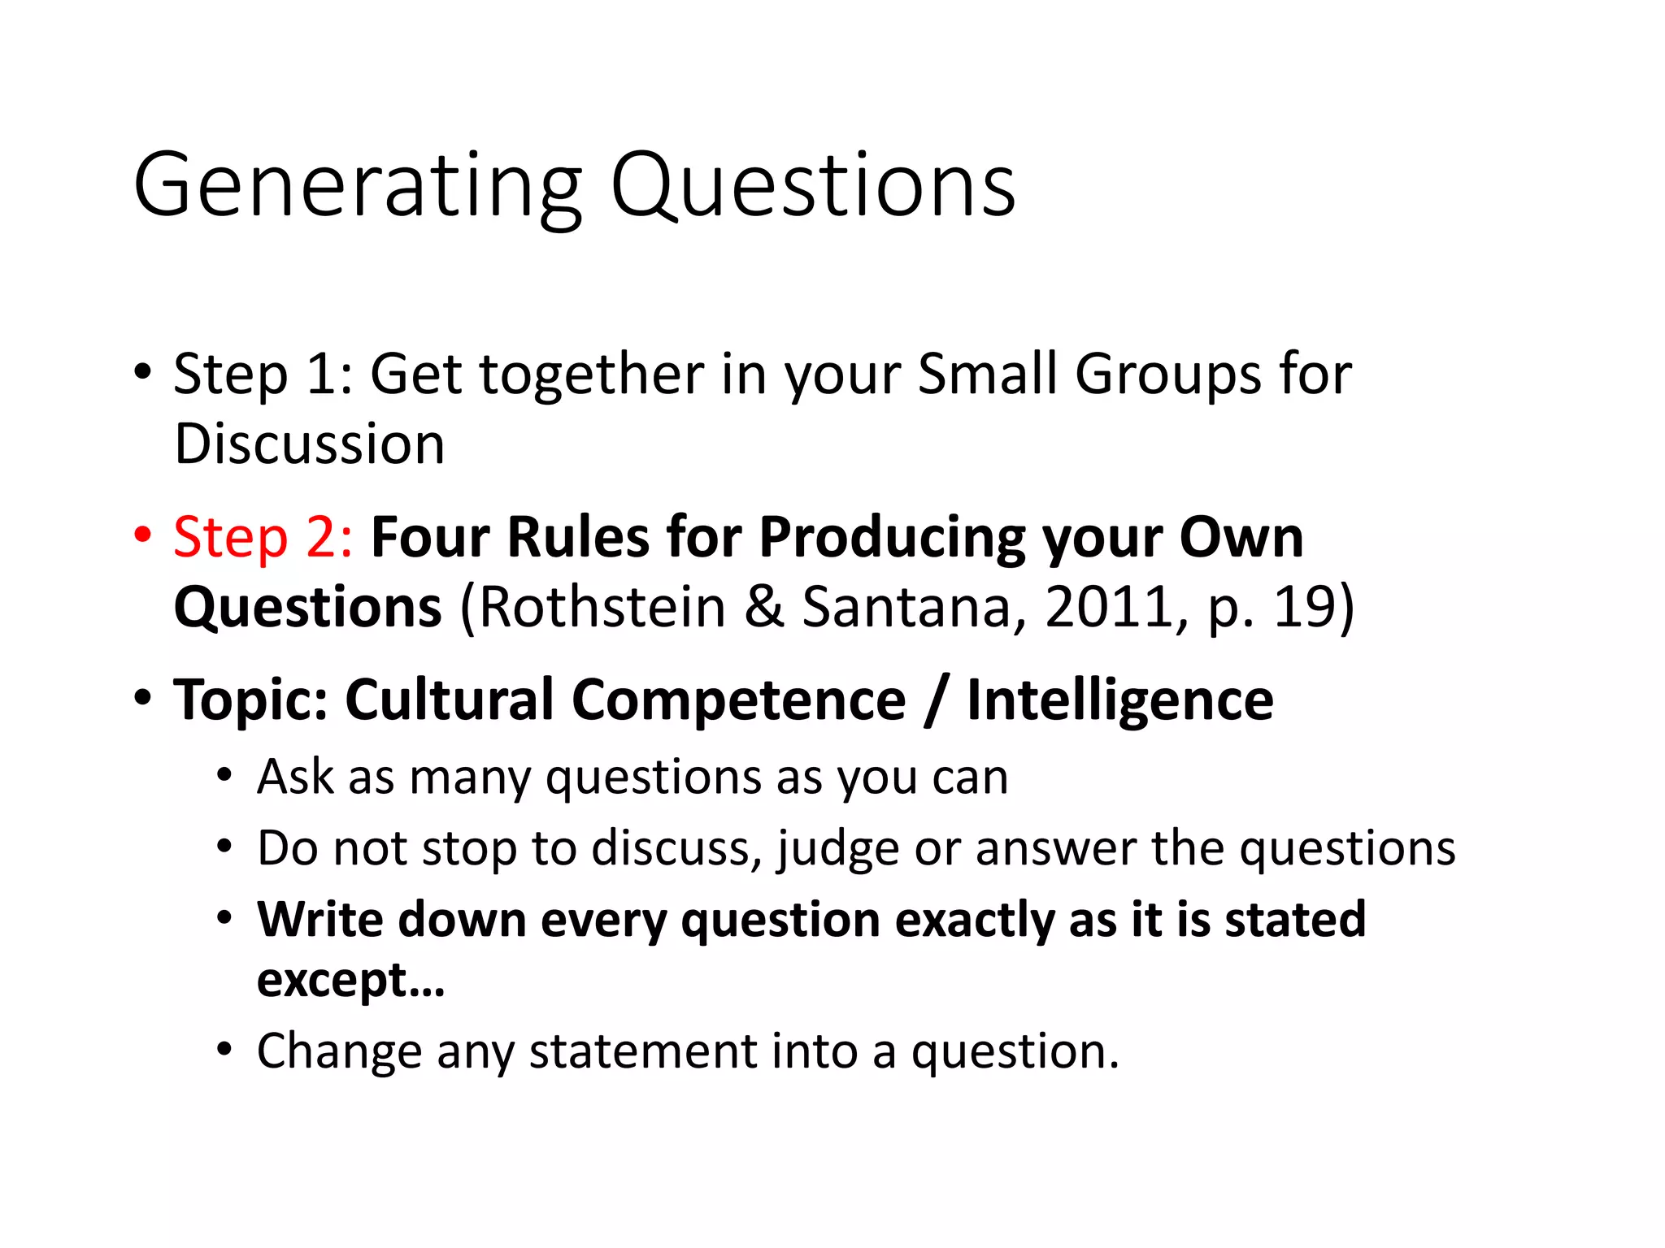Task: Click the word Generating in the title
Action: pyautogui.click(x=358, y=187)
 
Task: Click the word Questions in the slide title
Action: pyautogui.click(x=812, y=187)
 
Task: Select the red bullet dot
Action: pyautogui.click(x=143, y=535)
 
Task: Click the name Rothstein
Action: pyautogui.click(x=602, y=607)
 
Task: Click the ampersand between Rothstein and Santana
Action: pyautogui.click(x=763, y=607)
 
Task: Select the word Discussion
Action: pyautogui.click(x=310, y=444)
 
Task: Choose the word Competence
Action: pyautogui.click(x=739, y=700)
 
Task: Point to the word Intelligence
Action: pyautogui.click(x=1119, y=701)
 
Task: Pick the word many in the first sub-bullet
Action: pyautogui.click(x=470, y=778)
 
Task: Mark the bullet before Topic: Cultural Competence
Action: pyautogui.click(x=143, y=698)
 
